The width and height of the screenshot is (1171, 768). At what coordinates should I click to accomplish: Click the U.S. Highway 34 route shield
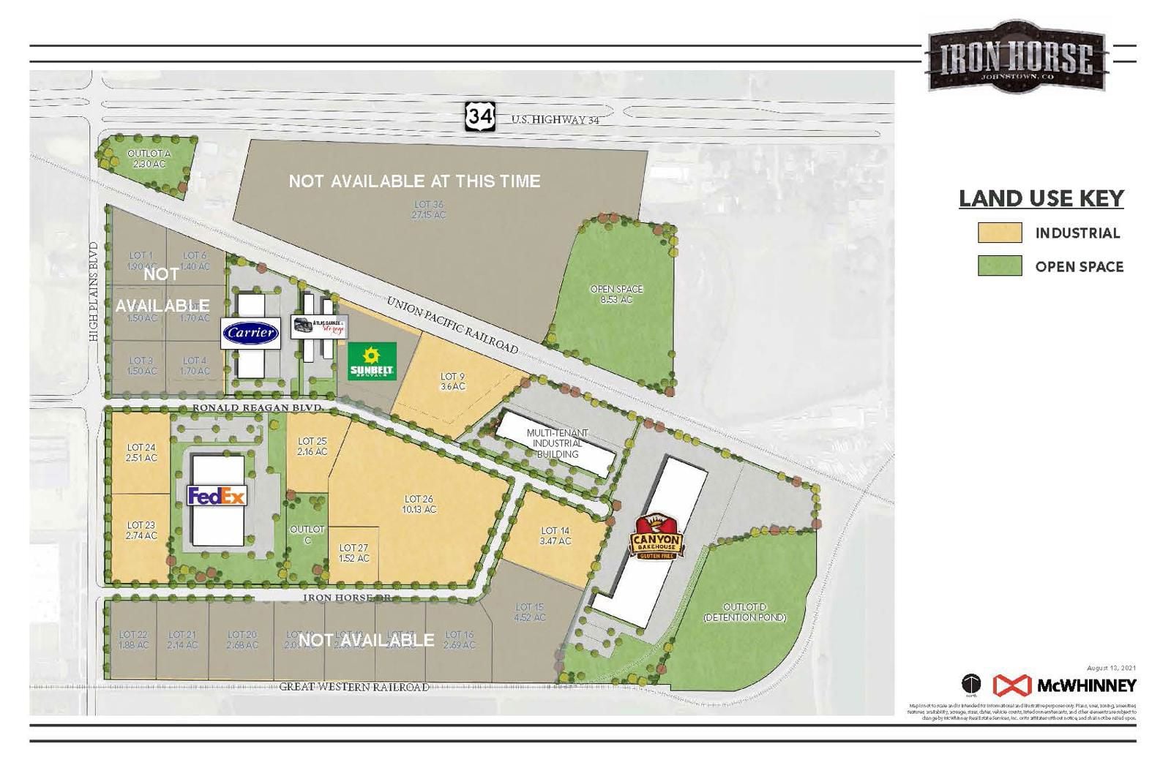[480, 116]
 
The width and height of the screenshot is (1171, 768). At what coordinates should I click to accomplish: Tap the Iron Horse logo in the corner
[1016, 57]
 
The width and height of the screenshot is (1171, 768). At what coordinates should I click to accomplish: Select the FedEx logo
[217, 496]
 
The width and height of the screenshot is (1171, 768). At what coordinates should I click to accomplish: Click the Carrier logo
[251, 334]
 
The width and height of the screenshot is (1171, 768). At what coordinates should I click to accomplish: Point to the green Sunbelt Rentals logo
[372, 361]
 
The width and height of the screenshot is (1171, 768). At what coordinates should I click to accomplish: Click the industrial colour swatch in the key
[999, 233]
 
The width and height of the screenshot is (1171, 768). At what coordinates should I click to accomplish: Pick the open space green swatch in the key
[999, 266]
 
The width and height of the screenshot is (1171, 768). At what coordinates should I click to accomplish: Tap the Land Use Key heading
[1041, 199]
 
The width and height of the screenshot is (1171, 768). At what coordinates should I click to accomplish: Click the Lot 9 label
[452, 381]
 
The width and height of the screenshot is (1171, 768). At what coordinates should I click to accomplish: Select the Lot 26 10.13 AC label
[419, 504]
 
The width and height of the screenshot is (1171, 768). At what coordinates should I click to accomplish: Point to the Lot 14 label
[555, 535]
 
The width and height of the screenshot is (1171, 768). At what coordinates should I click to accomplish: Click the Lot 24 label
[141, 452]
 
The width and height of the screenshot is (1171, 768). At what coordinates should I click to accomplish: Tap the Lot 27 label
[353, 553]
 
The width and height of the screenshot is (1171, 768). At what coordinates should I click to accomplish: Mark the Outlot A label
[149, 159]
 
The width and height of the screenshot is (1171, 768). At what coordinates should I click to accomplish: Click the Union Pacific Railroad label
[452, 325]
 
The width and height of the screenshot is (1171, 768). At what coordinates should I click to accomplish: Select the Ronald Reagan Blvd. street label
[258, 407]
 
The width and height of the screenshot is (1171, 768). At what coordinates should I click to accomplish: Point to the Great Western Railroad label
[354, 687]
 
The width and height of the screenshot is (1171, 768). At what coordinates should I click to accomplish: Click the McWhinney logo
[1064, 685]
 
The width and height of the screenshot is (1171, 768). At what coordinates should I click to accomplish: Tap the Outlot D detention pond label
[744, 612]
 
